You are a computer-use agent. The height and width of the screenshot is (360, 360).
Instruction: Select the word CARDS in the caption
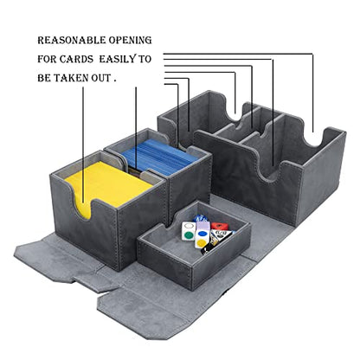[76, 59]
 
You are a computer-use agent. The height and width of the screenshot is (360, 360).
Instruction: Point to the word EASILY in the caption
[117, 59]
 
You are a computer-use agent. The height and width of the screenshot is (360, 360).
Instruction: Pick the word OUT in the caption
[101, 78]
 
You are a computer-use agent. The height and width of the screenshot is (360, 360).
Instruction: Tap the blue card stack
[159, 157]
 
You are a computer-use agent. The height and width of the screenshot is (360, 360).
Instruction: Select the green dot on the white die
[189, 235]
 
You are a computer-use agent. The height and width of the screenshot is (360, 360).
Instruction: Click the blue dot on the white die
[202, 235]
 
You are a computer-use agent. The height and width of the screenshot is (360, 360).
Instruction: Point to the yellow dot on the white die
[201, 244]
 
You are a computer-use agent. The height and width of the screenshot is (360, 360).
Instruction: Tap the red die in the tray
[219, 226]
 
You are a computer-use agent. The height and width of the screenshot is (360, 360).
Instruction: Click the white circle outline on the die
[189, 226]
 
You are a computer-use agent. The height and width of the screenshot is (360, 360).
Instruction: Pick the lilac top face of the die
[202, 225]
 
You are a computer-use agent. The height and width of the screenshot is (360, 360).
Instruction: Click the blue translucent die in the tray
[200, 218]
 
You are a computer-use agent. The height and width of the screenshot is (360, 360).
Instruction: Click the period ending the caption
[115, 81]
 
